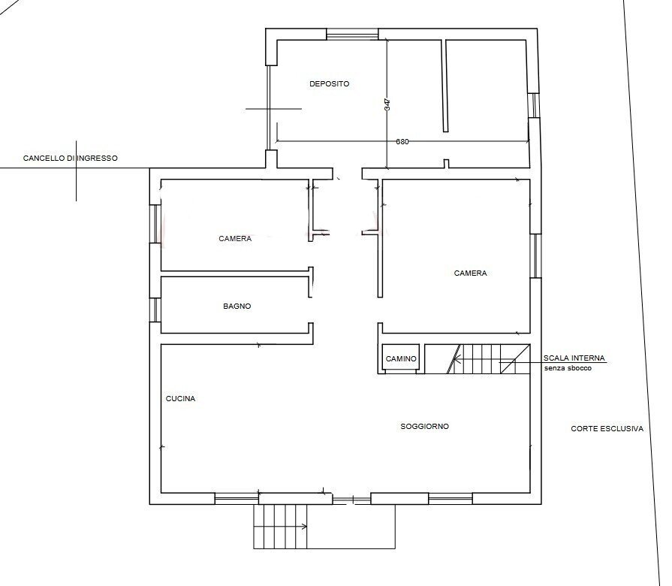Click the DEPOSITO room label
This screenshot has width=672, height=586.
click(329, 84)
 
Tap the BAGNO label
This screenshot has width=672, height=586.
click(237, 306)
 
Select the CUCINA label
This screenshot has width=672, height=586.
click(180, 399)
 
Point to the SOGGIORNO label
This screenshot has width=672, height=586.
click(425, 427)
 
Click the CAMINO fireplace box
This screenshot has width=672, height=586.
click(401, 358)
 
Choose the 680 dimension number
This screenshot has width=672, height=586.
click(402, 142)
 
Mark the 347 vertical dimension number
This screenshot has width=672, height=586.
click(387, 105)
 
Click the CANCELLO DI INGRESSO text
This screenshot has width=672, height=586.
click(71, 159)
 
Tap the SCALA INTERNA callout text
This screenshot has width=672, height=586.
click(574, 358)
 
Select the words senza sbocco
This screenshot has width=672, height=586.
click(568, 368)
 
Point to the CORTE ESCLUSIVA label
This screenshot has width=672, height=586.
click(607, 429)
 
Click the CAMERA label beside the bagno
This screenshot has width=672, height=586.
click(235, 239)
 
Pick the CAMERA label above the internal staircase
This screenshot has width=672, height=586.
click(470, 273)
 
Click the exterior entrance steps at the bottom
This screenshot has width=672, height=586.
click(280, 527)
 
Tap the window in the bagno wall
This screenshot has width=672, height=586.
click(155, 310)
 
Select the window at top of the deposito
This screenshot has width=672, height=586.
click(352, 35)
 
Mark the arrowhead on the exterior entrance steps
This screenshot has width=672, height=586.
click(305, 527)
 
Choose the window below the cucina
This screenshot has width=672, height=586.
click(237, 499)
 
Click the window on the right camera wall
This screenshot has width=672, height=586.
click(535, 256)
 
